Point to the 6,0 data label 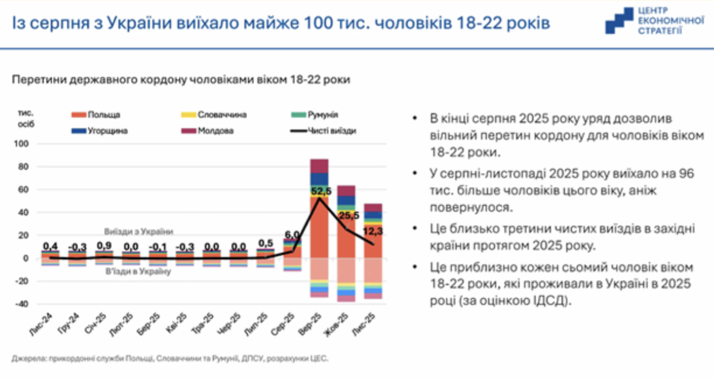point(293,235)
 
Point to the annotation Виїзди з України point(138,231)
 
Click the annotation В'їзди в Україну point(137,270)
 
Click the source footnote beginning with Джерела point(170,359)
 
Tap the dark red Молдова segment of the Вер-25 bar point(319,166)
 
